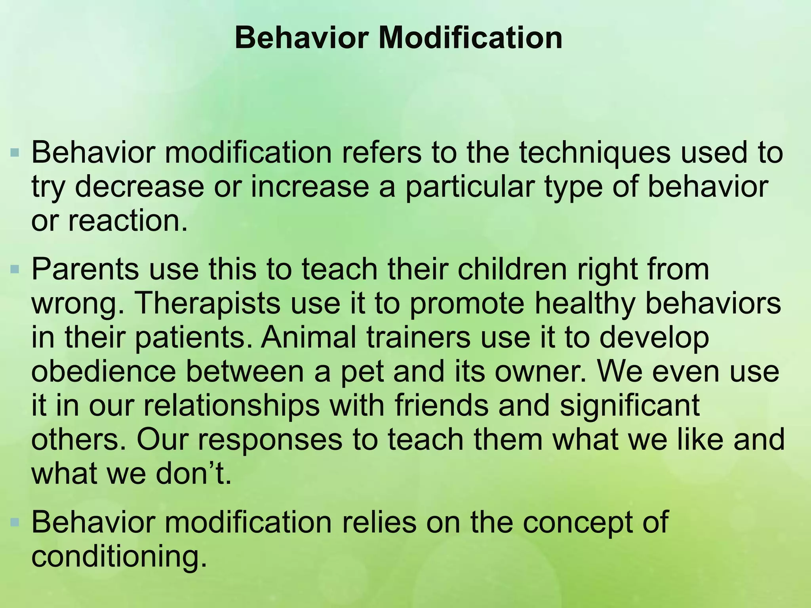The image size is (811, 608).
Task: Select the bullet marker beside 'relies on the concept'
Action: click(15, 523)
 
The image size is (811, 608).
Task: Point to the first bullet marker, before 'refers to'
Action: click(15, 152)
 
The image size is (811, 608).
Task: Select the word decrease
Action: click(139, 187)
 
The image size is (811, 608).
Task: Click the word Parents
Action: click(85, 269)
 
